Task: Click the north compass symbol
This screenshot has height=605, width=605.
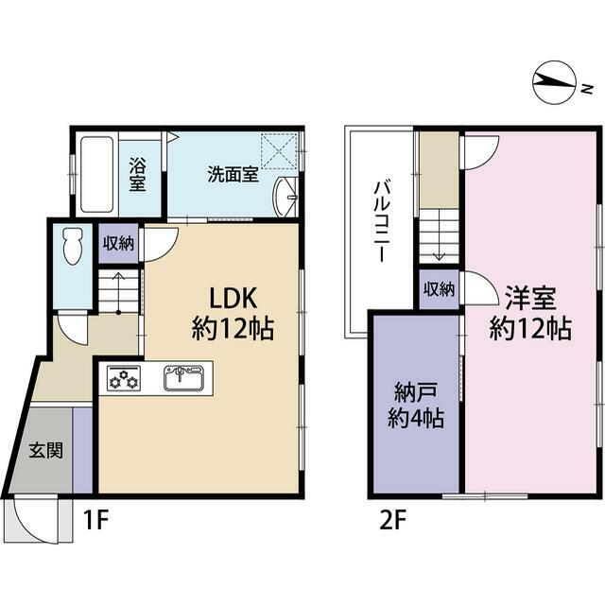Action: (x=554, y=82)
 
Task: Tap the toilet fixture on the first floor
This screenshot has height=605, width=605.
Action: (x=74, y=246)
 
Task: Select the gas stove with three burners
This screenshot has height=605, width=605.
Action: (x=124, y=377)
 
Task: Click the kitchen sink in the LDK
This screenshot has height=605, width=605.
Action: (x=183, y=378)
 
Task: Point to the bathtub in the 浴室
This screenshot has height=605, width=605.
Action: (x=96, y=175)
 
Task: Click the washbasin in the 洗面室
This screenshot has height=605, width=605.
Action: (x=285, y=197)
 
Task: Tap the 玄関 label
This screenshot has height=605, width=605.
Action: (x=46, y=450)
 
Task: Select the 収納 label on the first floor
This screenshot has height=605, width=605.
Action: (x=118, y=244)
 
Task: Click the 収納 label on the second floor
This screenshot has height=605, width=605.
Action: (x=439, y=289)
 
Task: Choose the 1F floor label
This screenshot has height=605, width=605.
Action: (x=96, y=520)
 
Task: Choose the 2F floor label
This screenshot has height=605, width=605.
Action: (x=392, y=520)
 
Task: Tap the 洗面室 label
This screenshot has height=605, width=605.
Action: (x=233, y=174)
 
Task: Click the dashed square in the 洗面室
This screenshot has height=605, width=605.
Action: (x=280, y=151)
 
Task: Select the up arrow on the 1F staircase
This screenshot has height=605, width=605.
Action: (x=118, y=293)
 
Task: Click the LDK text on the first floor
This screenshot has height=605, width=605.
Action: (x=233, y=299)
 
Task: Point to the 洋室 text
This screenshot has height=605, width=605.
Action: (x=530, y=299)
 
